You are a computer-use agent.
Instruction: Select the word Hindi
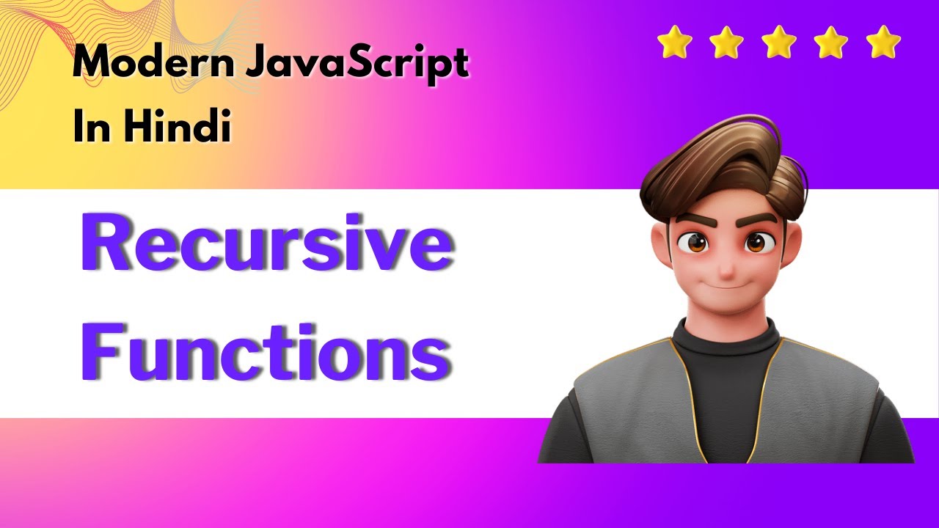pos(177,127)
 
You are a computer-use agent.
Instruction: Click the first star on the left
pos(673,43)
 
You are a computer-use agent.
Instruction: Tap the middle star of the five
pos(778,43)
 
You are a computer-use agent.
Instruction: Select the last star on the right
pos(883,43)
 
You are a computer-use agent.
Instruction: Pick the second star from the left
pos(726,43)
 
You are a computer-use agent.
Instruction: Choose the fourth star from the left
pos(830,43)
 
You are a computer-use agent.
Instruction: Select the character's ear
pos(660,249)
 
